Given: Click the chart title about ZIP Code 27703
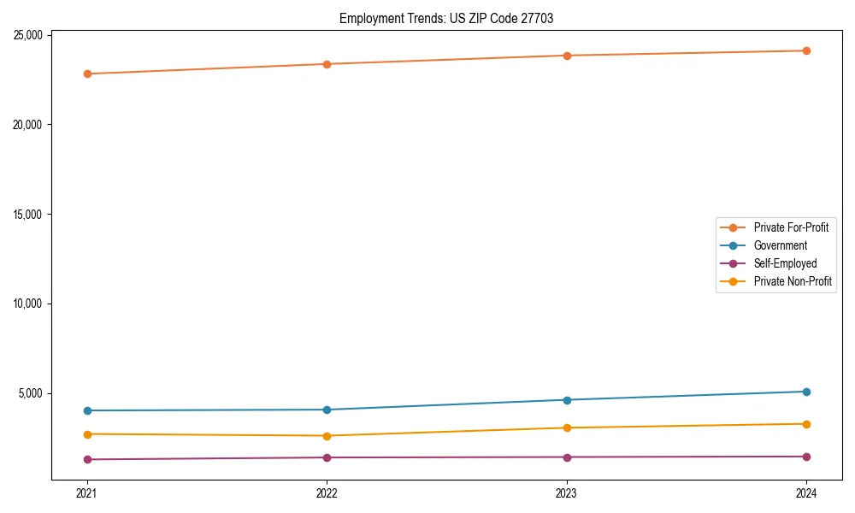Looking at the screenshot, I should tap(446, 19).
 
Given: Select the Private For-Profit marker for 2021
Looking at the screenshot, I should tap(86, 74).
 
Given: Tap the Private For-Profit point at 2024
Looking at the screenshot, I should tap(806, 50).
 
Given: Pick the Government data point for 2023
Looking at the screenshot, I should tap(567, 400).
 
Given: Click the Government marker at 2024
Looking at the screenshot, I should tap(806, 392).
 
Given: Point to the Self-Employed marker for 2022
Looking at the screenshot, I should tap(327, 457).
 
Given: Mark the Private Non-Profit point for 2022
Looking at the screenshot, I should tap(327, 436).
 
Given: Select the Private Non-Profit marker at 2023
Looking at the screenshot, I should tap(567, 427).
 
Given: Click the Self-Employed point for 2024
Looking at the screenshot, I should tap(806, 457).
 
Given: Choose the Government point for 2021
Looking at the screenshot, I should tap(86, 410).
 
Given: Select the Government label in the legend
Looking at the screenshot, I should tap(780, 245).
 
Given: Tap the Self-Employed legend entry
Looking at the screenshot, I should tap(785, 263).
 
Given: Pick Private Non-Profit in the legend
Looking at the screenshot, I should tap(793, 281).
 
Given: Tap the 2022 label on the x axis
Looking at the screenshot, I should tap(327, 492).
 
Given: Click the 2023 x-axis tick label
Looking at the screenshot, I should tap(567, 492).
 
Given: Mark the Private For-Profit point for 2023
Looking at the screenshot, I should tap(567, 56).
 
